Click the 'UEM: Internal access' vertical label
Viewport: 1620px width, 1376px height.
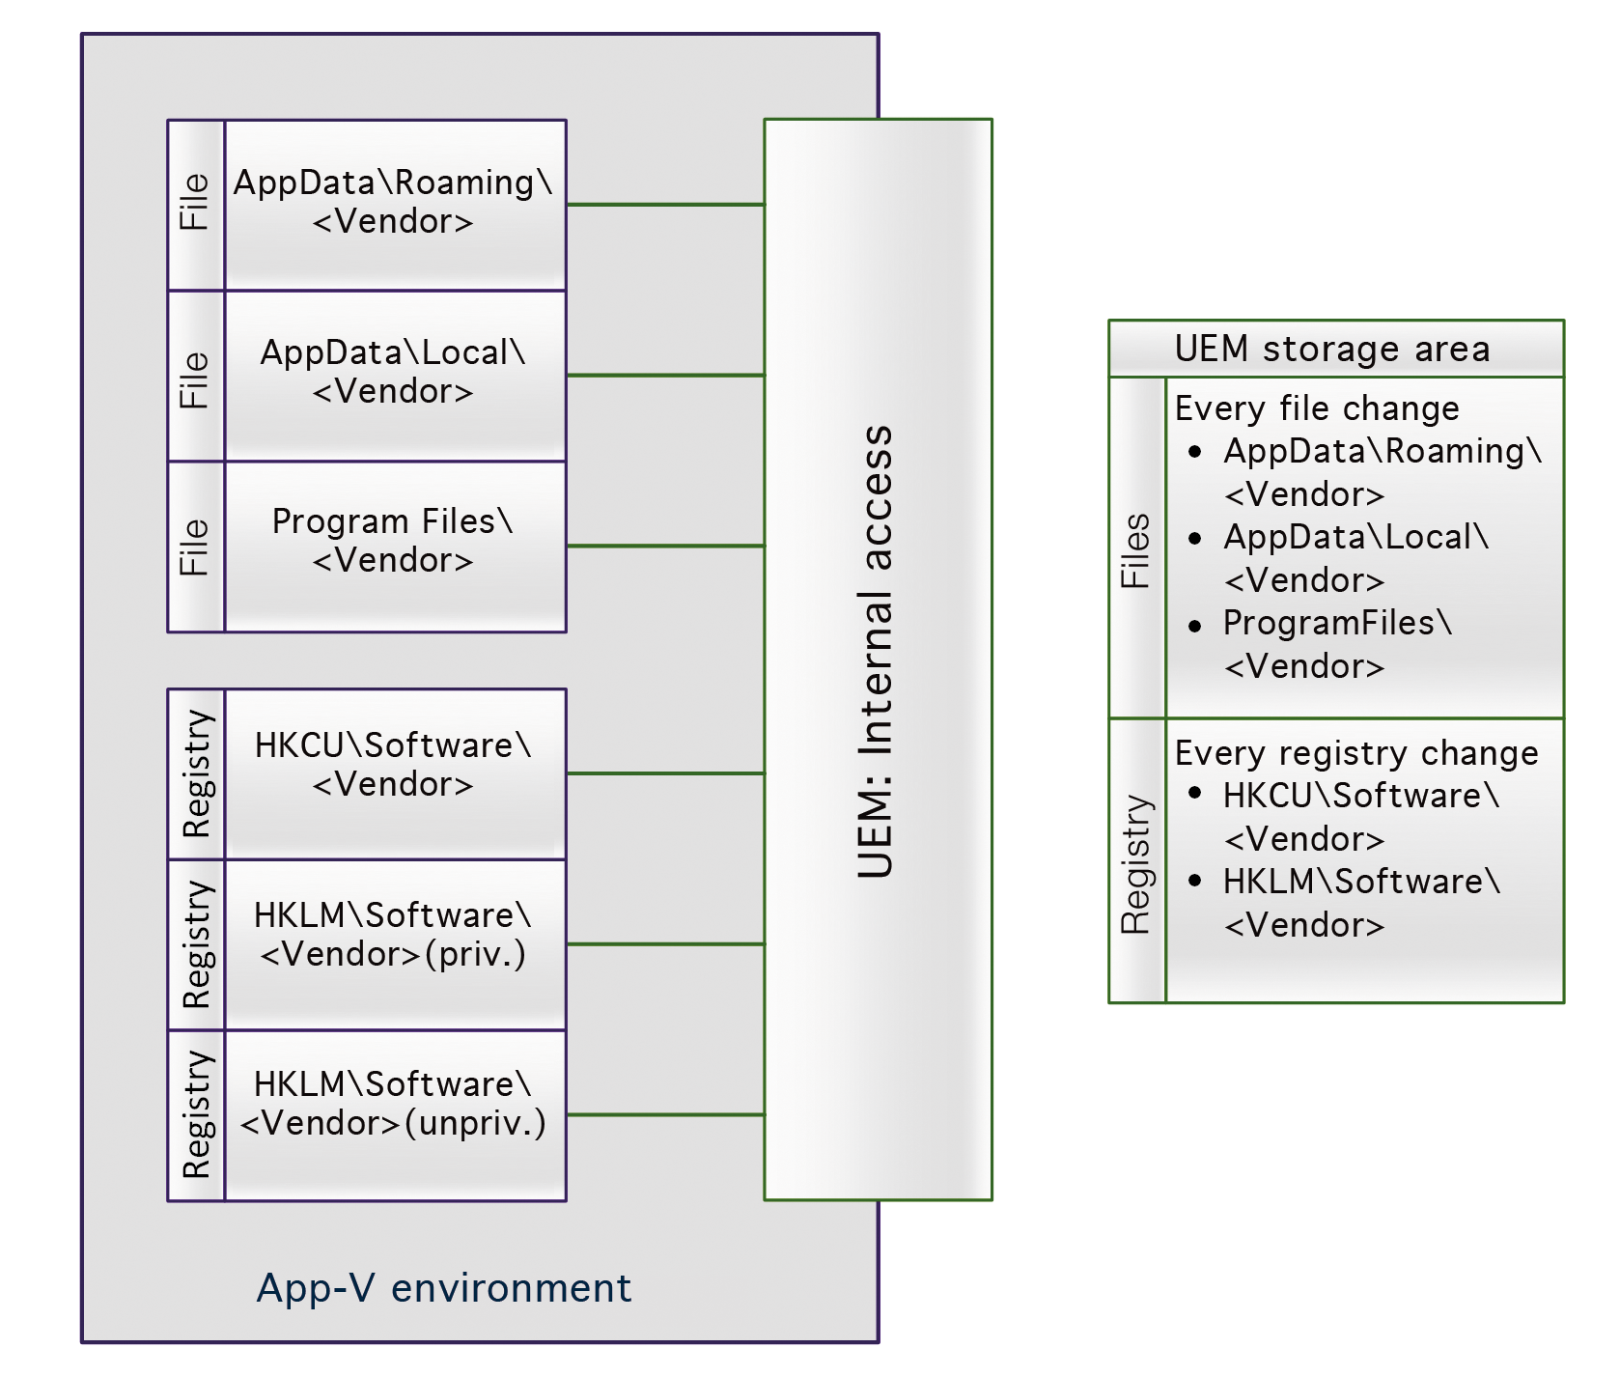[x=877, y=652]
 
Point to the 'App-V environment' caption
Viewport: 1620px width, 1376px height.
[x=444, y=1288]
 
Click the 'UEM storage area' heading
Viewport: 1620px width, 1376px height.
[x=1332, y=349]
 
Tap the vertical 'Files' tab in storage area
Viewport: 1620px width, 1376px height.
[x=1136, y=550]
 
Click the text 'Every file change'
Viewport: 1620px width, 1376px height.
[x=1317, y=408]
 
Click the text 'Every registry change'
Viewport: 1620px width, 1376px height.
[x=1356, y=753]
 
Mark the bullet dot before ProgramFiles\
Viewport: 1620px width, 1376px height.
[x=1195, y=626]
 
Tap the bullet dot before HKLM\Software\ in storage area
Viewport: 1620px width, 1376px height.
[x=1195, y=881]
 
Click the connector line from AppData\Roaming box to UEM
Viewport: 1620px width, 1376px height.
[x=665, y=205]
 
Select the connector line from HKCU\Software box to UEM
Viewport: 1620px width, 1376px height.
[x=665, y=773]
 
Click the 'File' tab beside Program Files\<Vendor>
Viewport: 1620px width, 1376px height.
[x=196, y=548]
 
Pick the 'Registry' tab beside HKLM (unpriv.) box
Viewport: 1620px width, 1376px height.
[x=196, y=1115]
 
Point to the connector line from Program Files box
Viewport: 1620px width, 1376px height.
[x=665, y=546]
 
